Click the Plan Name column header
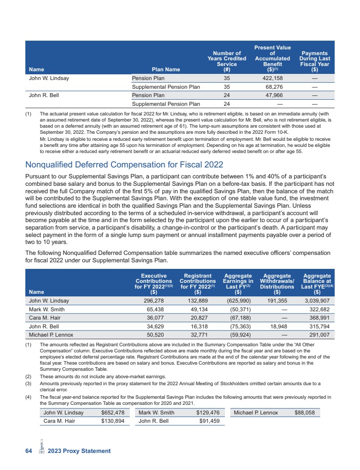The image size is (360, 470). pyautogui.click(x=166, y=69)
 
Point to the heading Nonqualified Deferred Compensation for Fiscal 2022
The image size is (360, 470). pyautogui.click(x=125, y=165)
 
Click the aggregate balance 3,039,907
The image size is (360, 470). pyautogui.click(x=318, y=301)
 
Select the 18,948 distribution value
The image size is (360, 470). pyautogui.click(x=278, y=327)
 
